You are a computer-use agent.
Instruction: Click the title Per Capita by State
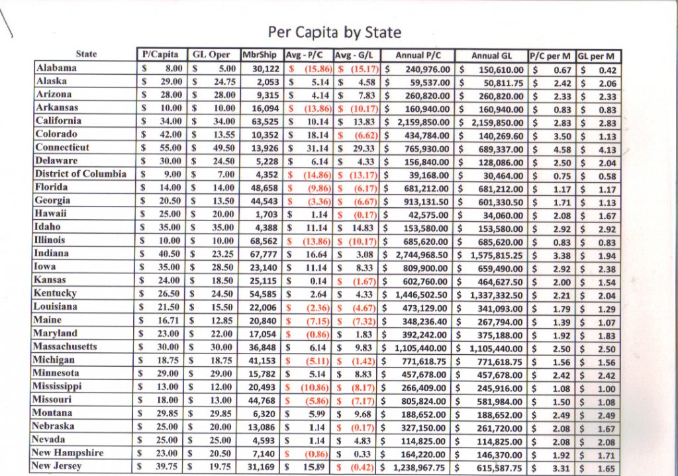point(334,32)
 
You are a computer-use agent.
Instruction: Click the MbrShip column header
point(259,55)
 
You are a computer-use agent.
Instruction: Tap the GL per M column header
point(598,56)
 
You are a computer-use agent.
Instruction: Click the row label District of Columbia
point(80,174)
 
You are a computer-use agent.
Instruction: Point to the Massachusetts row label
point(66,347)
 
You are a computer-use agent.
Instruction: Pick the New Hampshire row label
point(69,453)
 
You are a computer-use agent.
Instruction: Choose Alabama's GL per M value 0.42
point(606,70)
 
